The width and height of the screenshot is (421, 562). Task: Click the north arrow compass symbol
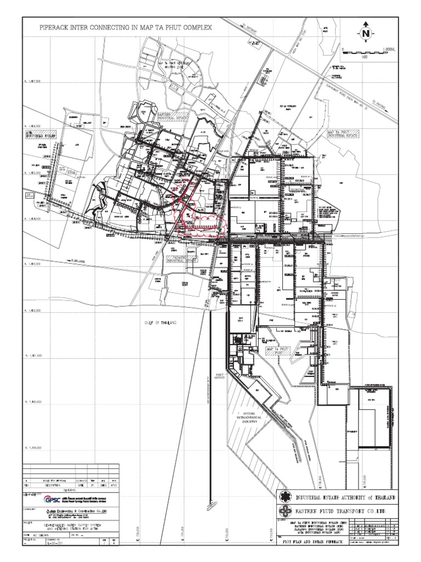[366, 34]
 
